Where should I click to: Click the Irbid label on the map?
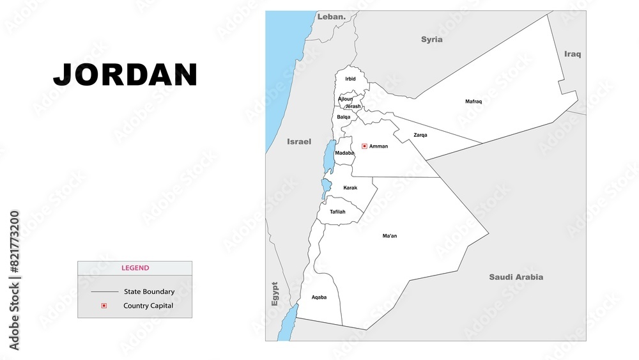(x=350, y=79)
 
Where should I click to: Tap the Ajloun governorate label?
(x=345, y=99)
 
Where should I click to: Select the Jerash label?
(x=353, y=106)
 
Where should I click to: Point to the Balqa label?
(x=344, y=117)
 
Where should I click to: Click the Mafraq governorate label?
(x=473, y=102)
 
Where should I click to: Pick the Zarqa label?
(x=420, y=135)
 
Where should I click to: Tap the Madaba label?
(x=344, y=153)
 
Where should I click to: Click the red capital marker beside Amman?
(x=364, y=146)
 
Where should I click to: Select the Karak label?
(x=350, y=187)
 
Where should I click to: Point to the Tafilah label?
(x=337, y=212)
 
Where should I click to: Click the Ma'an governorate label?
(x=390, y=236)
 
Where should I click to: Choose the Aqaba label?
(x=319, y=297)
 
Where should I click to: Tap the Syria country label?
(x=431, y=40)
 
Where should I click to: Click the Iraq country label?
(x=573, y=54)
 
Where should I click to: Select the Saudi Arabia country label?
(x=516, y=277)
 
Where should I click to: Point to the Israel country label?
(x=299, y=141)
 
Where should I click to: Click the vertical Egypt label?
(x=275, y=293)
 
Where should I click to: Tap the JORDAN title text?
(x=125, y=75)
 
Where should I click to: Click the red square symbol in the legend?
(x=104, y=306)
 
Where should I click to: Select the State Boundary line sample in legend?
(x=104, y=292)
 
